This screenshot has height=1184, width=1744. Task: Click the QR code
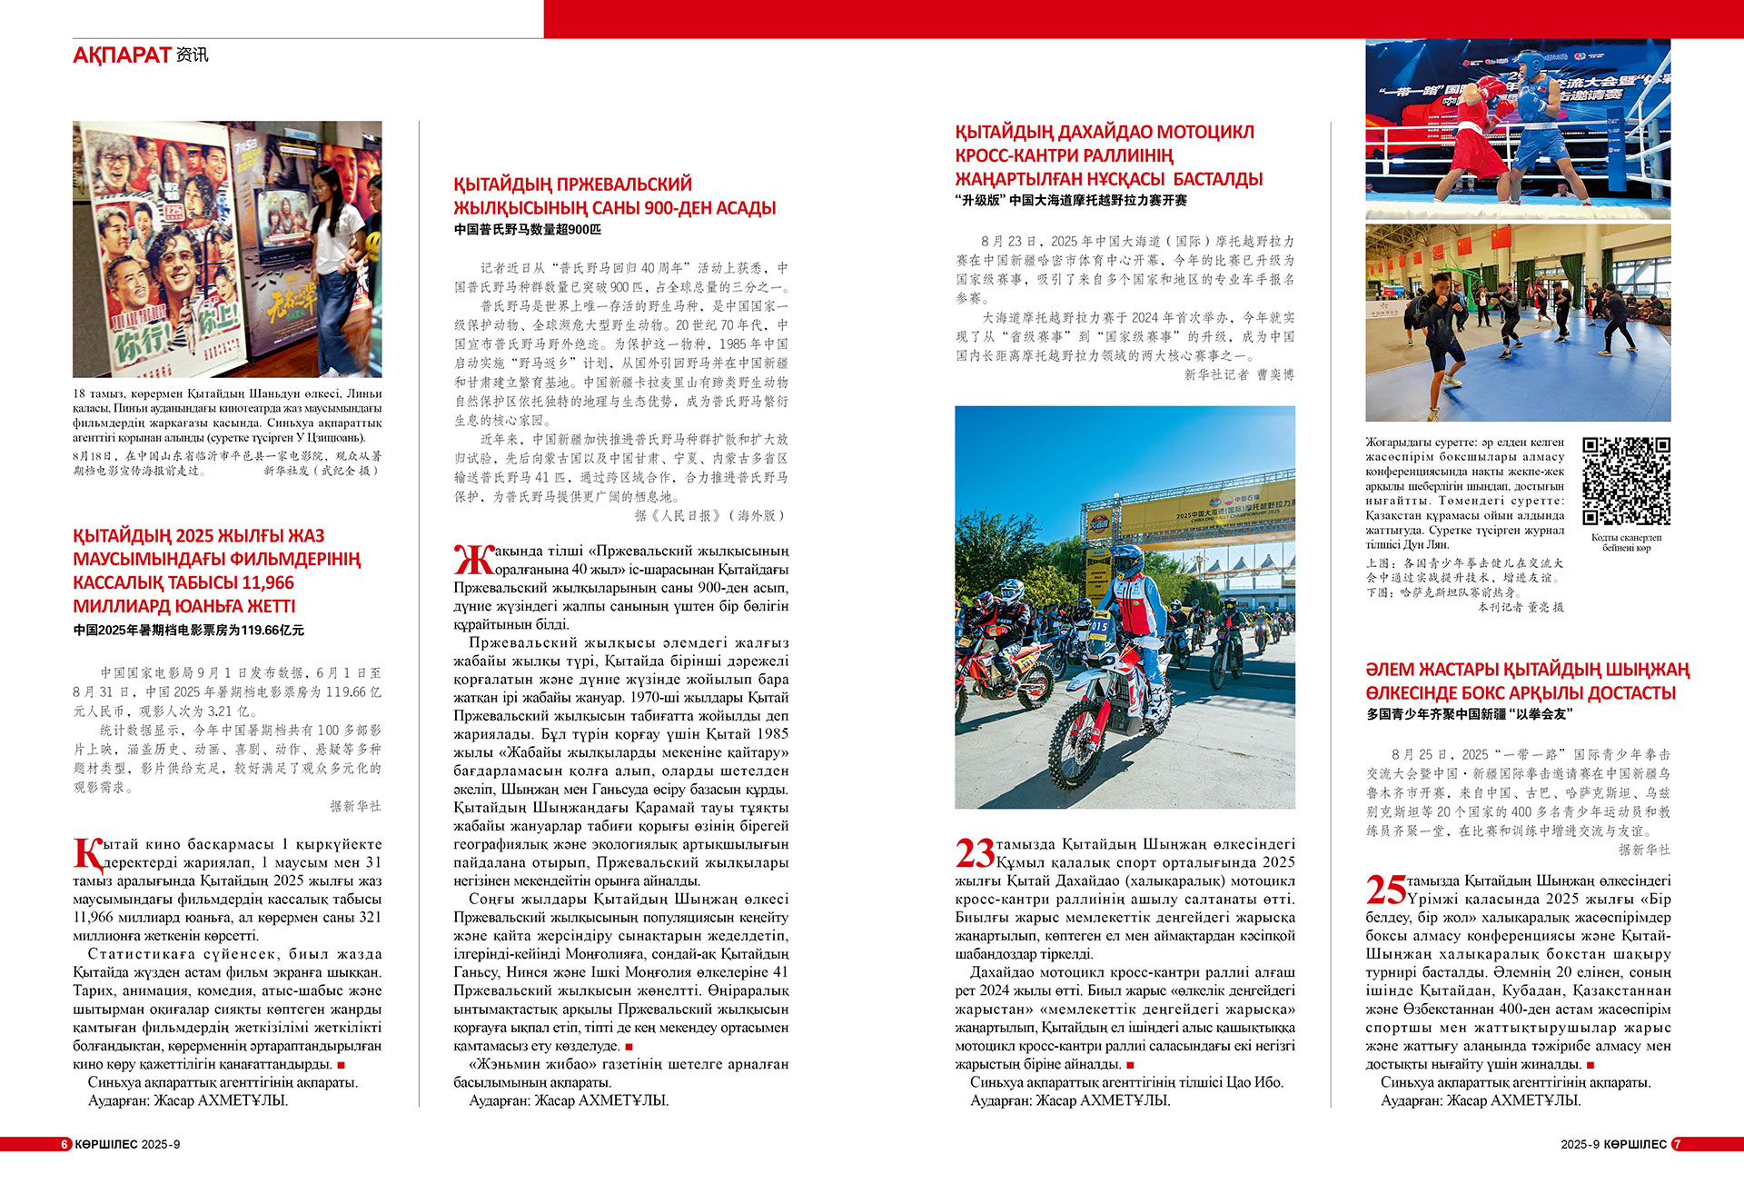coord(1626,481)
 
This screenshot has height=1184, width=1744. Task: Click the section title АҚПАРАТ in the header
coord(122,55)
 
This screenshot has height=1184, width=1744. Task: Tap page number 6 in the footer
coord(65,1144)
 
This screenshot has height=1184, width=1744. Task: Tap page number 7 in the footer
coord(1677,1144)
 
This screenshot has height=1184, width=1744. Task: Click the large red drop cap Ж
coord(472,560)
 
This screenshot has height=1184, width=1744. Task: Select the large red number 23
coord(975,853)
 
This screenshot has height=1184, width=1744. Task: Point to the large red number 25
coord(1385,890)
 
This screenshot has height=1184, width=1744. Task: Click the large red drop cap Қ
coord(88,853)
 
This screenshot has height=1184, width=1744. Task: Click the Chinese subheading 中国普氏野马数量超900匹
coord(528,230)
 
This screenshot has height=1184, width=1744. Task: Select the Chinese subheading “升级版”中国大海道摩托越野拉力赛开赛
coord(1072,200)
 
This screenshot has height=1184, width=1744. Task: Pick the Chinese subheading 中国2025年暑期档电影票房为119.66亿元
coord(189,630)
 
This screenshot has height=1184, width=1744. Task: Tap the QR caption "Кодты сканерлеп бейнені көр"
coord(1626,542)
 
